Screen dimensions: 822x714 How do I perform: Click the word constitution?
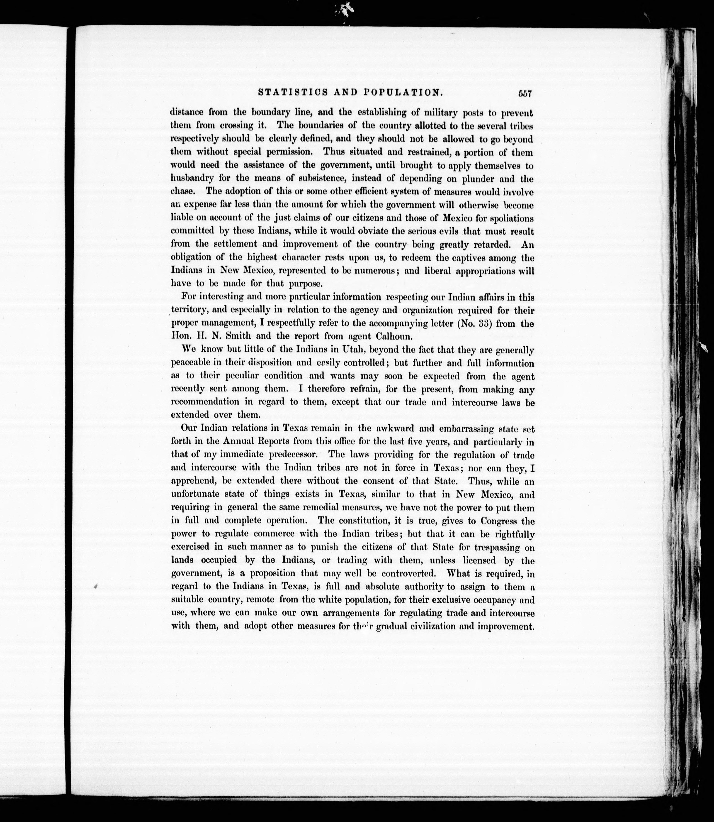click(x=374, y=521)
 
